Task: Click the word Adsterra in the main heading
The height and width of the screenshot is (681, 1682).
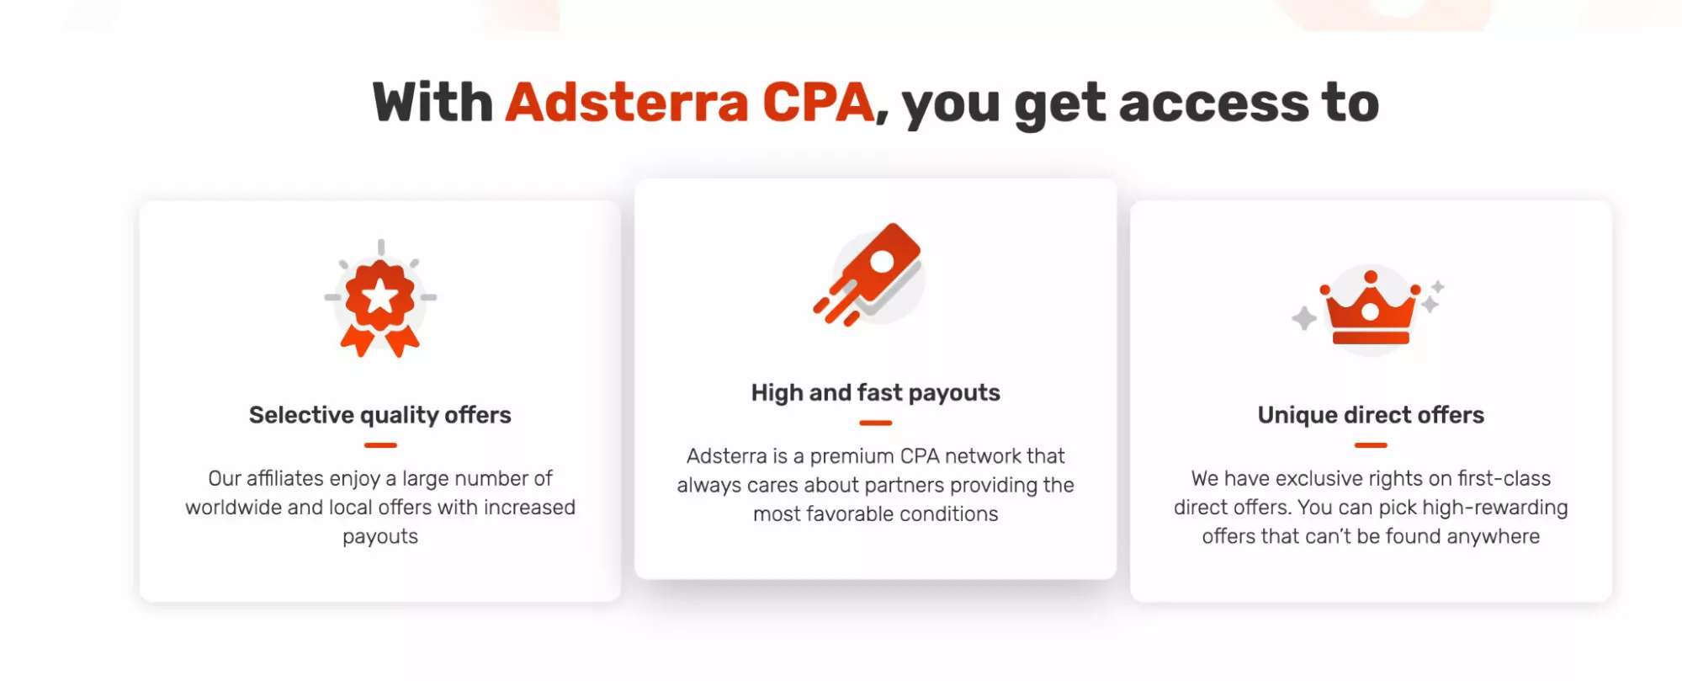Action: (626, 103)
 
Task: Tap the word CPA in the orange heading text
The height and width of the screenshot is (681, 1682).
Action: (817, 103)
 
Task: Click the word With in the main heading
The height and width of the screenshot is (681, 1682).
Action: (432, 103)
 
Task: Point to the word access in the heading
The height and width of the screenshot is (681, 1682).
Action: (1213, 104)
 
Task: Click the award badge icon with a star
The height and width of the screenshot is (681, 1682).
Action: (380, 301)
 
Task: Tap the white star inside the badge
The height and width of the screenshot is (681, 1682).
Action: (380, 296)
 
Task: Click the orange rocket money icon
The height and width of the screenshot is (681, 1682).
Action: (870, 274)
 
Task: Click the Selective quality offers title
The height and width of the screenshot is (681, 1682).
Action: (380, 415)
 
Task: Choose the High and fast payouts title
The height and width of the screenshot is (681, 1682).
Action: (875, 392)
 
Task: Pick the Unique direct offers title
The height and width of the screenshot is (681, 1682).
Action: (1371, 415)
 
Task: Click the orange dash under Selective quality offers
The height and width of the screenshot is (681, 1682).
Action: (380, 445)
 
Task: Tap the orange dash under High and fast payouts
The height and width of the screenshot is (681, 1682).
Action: (875, 423)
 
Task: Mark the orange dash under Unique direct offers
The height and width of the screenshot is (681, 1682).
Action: (1371, 445)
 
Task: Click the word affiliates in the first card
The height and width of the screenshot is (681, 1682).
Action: (284, 478)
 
